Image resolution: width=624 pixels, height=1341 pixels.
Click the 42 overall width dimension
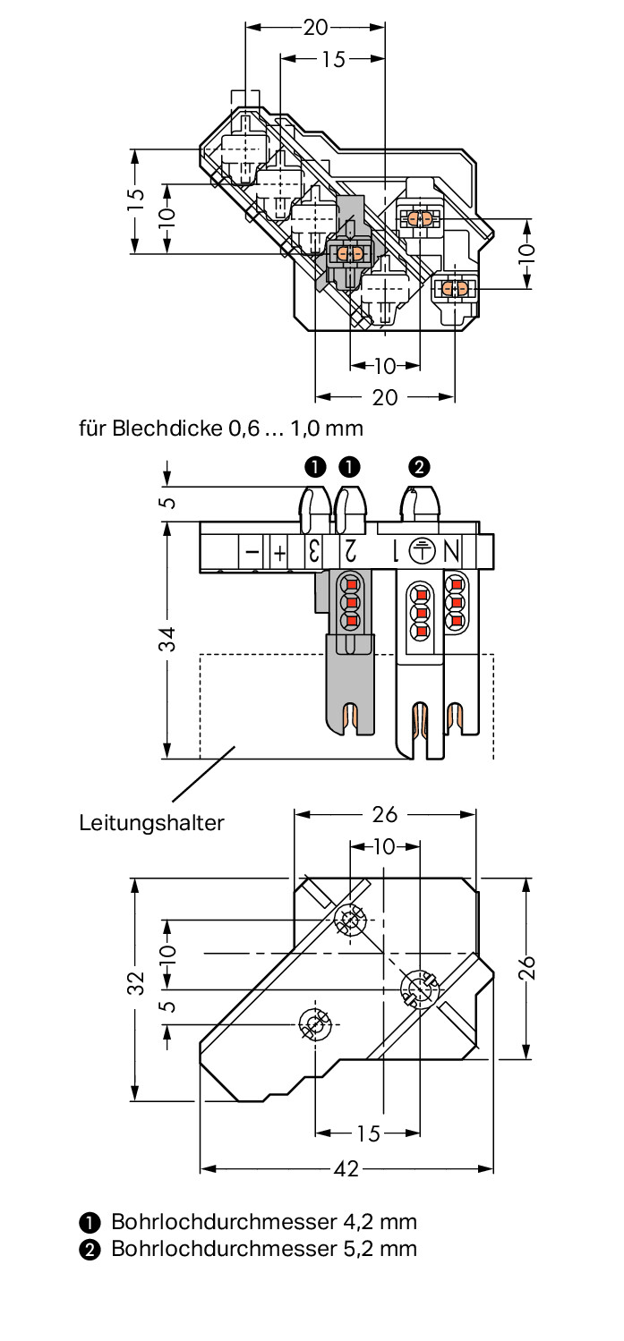(346, 1168)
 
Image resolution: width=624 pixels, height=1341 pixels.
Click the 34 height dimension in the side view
(167, 640)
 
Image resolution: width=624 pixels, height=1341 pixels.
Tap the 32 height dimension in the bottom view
(135, 982)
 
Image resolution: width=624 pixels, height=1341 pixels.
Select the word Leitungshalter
(151, 822)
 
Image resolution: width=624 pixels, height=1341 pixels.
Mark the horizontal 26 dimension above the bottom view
(385, 814)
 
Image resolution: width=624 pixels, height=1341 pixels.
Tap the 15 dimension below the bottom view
(368, 1133)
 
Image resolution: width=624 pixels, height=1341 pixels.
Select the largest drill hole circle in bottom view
(417, 989)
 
